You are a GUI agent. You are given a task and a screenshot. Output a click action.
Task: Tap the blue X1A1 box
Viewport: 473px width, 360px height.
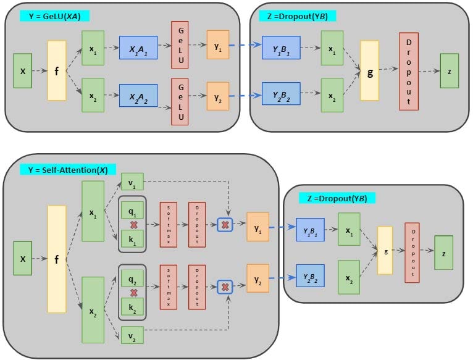(138, 47)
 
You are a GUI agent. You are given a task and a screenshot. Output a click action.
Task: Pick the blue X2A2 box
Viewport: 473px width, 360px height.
(138, 95)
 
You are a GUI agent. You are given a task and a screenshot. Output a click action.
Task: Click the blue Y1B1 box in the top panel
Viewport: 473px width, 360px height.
(282, 47)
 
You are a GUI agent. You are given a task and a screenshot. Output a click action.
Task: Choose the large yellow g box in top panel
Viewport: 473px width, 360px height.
(369, 70)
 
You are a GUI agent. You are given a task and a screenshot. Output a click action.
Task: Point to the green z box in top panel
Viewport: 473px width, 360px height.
(450, 70)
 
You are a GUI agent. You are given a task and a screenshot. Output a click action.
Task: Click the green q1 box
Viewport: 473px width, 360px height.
(132, 210)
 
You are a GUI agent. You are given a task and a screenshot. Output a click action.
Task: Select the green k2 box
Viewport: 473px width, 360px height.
(132, 306)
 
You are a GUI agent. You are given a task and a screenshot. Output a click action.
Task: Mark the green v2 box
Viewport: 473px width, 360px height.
(132, 335)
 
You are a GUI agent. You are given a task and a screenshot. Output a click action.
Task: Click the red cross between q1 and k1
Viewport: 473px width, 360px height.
(133, 224)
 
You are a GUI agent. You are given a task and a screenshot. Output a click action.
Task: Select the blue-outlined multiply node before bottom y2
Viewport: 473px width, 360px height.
(225, 287)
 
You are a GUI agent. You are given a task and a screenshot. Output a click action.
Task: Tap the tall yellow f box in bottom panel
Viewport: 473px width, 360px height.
(57, 259)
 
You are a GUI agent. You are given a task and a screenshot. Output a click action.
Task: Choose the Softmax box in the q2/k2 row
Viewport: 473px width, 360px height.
(169, 286)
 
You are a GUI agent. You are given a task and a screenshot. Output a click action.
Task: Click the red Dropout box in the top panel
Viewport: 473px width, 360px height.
(409, 72)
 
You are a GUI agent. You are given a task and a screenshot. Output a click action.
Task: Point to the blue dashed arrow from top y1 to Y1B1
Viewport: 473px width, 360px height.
(245, 45)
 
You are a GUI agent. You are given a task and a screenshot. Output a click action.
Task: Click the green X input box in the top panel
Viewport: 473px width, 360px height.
(23, 70)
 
